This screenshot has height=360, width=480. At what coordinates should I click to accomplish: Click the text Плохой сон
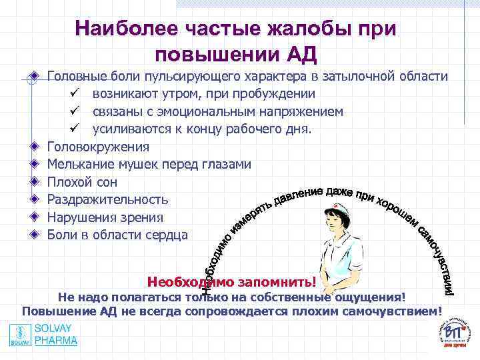[83, 182]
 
